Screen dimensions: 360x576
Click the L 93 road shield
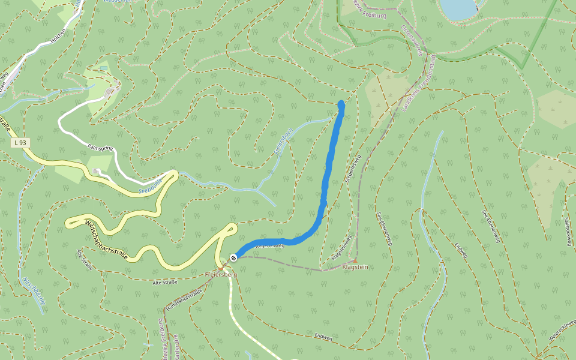pos(22,143)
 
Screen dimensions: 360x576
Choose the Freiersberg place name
pos(221,274)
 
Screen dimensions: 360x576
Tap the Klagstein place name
pos(355,266)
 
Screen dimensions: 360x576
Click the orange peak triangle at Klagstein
pos(355,260)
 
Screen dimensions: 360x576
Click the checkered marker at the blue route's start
pos(233,257)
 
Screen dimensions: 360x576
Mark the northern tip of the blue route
pos(341,103)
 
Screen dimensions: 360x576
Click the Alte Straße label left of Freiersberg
pos(165,282)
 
